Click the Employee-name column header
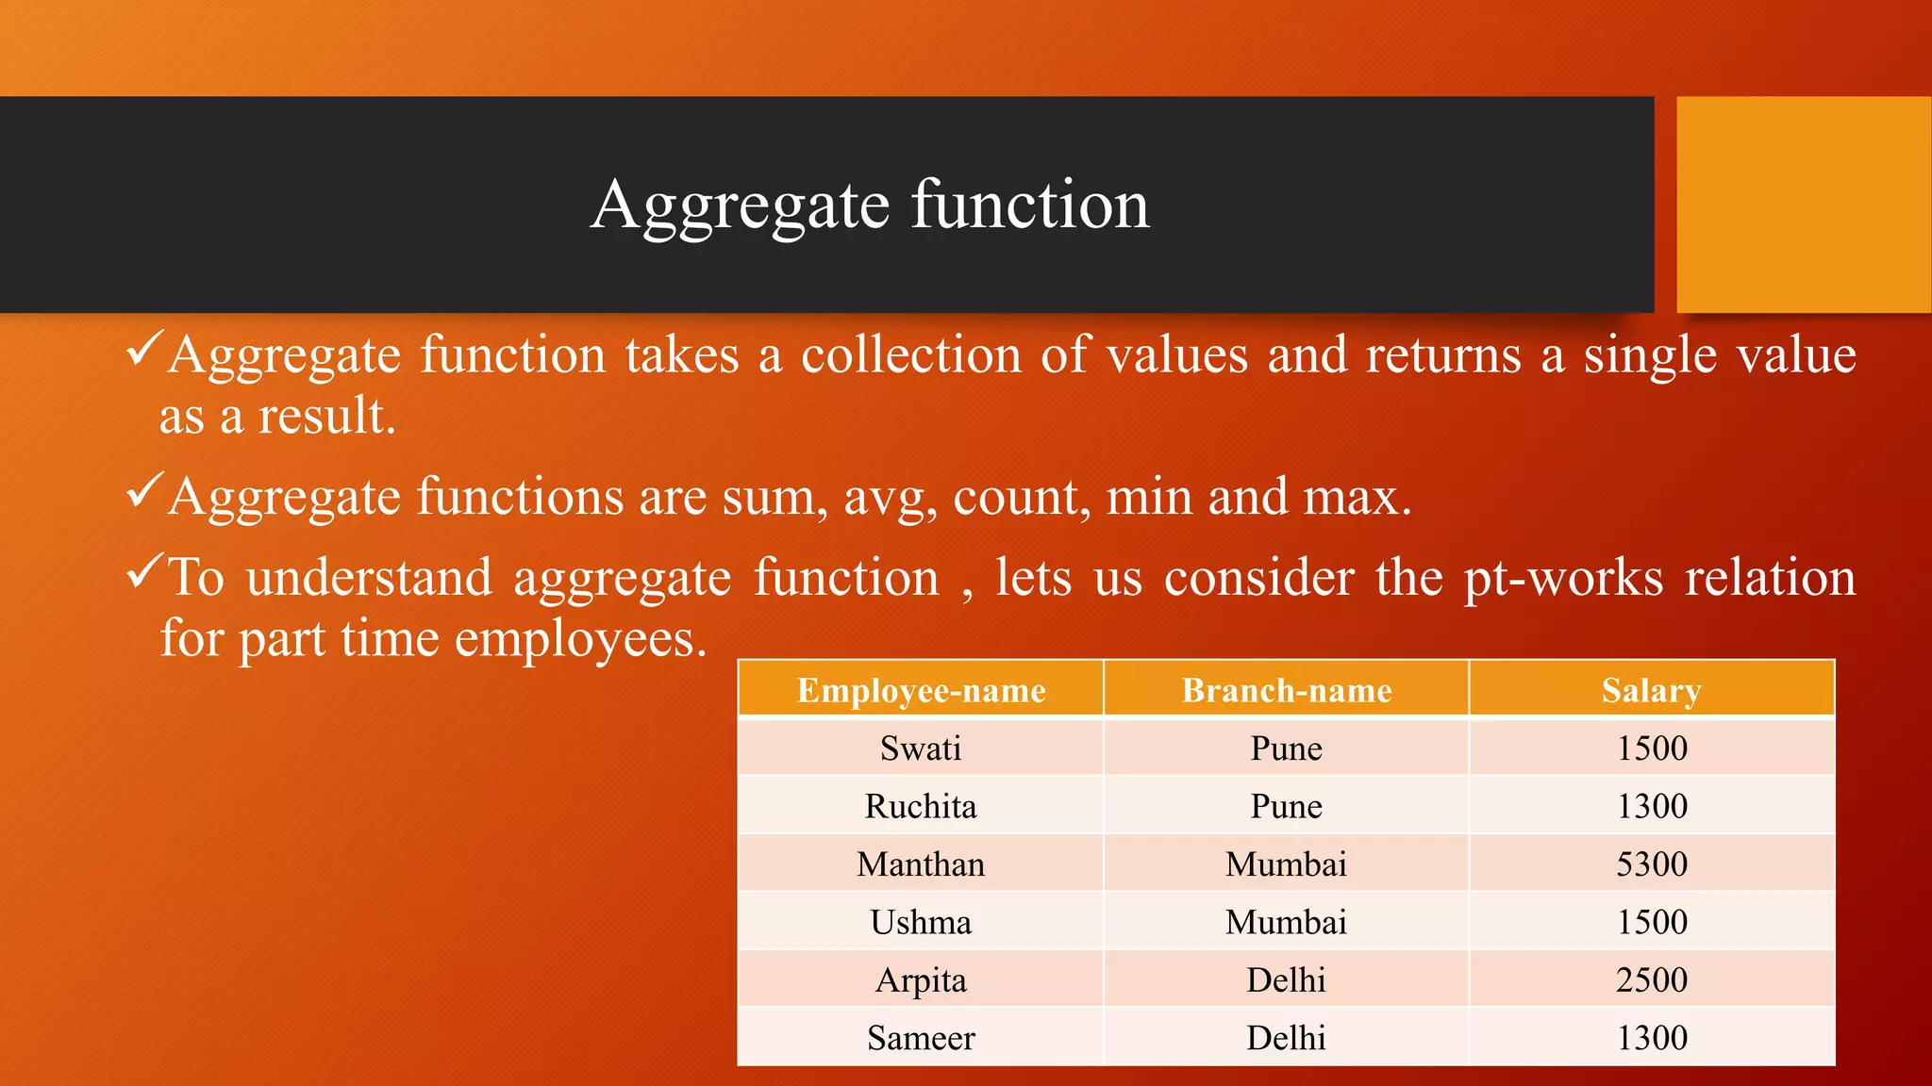coord(921,690)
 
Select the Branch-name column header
coord(1287,690)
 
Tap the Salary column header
coord(1651,690)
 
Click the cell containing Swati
coord(921,749)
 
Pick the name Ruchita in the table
coord(921,806)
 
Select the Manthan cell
coord(921,864)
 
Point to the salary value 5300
coord(1651,864)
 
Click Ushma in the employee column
coord(921,922)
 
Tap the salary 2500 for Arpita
coord(1651,980)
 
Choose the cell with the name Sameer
coord(921,1038)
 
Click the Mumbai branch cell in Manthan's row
coord(1287,864)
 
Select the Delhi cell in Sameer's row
coord(1287,1038)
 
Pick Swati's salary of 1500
coord(1651,749)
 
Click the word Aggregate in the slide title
coord(741,206)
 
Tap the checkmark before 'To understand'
coord(145,571)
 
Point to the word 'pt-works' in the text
coord(1563,578)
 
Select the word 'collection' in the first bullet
coord(911,355)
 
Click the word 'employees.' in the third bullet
coord(580,639)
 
